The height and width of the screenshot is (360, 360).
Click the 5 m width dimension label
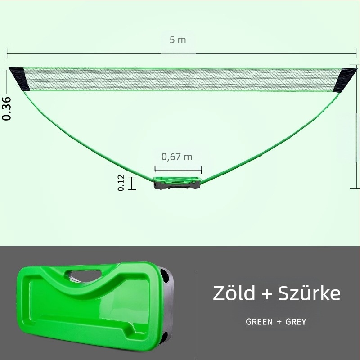pos(178,40)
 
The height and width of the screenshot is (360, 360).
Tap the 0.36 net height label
pos(6,108)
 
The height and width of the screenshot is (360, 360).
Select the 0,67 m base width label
pos(177,157)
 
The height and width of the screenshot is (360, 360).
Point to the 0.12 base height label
pos(121,183)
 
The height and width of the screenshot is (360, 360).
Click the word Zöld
pos(234,293)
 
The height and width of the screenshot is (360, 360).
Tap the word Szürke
pos(310,293)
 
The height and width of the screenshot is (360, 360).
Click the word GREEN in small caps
pos(259,322)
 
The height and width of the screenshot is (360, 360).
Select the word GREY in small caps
pos(296,322)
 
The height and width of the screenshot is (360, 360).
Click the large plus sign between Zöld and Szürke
pos(267,294)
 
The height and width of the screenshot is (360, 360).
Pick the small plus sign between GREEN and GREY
pos(279,322)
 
